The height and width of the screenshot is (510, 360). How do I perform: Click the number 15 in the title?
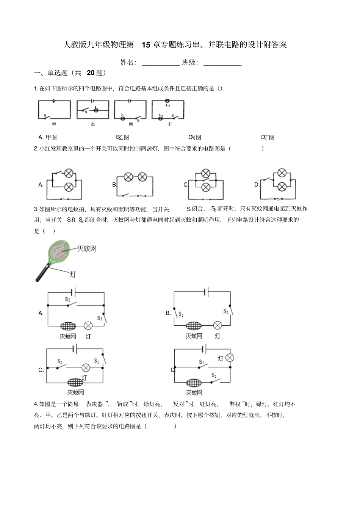pos(146,45)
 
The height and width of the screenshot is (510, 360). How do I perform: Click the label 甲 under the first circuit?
pos(54,124)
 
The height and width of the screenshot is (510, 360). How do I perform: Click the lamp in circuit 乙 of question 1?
pos(96,110)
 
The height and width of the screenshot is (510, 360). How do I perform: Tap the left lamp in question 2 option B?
pos(129,177)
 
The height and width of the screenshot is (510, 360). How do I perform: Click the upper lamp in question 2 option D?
pos(282,173)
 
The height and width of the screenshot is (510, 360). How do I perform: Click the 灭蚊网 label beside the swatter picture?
pos(87,249)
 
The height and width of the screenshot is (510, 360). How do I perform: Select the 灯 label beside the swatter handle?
pos(72,274)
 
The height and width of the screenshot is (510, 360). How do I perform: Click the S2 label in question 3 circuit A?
pos(67,300)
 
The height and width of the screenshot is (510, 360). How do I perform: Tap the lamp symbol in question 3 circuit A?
pos(88,326)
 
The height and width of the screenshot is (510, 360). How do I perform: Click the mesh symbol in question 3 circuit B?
pos(194,326)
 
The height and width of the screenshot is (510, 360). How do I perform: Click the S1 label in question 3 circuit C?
pos(97,361)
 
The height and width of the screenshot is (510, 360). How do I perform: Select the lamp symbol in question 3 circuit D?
pos(230,358)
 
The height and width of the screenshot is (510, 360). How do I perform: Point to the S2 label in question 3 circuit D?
pos(214,375)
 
